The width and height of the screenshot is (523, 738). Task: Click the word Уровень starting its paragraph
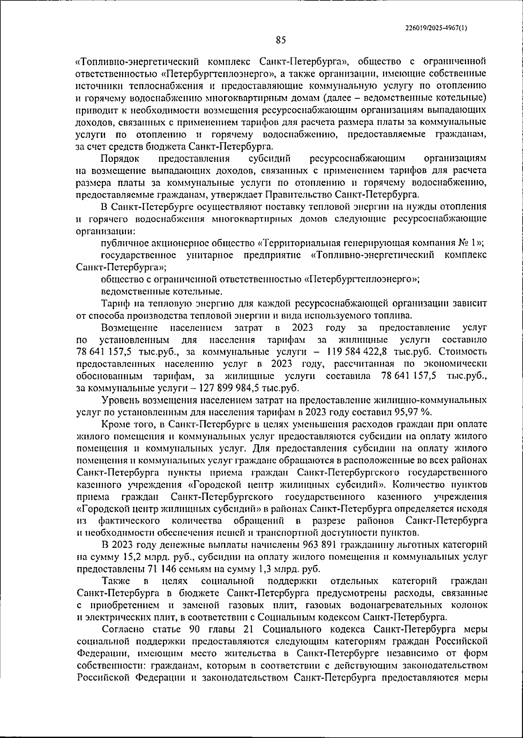click(119, 400)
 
